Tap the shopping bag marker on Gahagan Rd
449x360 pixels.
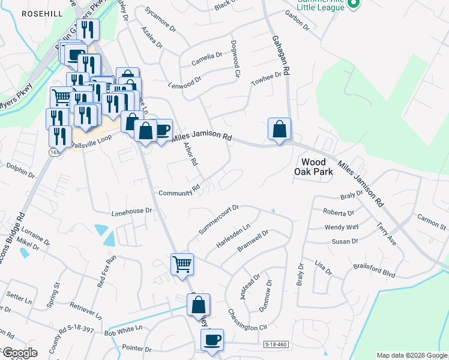pos(279,129)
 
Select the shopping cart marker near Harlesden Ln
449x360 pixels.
pos(182,263)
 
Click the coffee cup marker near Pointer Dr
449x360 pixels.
pos(212,340)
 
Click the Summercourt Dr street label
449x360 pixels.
pos(218,220)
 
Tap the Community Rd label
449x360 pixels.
pos(179,192)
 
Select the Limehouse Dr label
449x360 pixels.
pos(132,212)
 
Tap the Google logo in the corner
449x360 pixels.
pos(19,353)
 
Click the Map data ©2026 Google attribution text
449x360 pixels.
pos(412,355)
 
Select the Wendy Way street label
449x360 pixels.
pos(342,227)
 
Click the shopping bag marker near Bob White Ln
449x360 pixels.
pos(198,305)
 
